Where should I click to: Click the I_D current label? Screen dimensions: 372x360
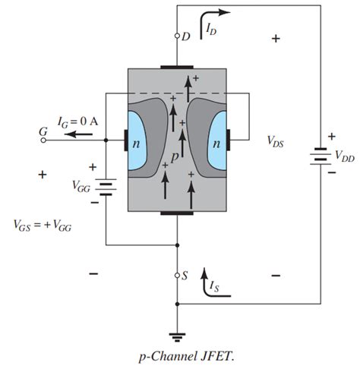211,29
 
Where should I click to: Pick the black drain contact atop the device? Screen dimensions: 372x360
177,66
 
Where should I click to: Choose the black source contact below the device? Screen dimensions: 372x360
177,213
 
